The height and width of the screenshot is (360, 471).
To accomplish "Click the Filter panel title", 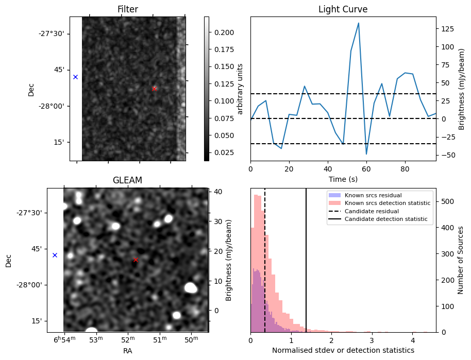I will [x=127, y=9].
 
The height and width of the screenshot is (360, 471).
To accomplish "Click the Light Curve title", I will [x=343, y=9].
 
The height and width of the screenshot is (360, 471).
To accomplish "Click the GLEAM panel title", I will [x=127, y=180].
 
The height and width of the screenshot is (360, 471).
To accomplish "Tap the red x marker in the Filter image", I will [x=154, y=89].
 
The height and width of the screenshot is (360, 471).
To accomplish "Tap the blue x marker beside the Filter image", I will [x=75, y=77].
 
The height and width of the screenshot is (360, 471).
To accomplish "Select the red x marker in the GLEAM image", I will [x=136, y=260].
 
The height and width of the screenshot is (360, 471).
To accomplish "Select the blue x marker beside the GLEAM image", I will [x=55, y=255].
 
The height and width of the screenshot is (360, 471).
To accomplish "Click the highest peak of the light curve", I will [x=358, y=23].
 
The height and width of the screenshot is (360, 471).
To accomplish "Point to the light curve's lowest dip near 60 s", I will [x=366, y=154].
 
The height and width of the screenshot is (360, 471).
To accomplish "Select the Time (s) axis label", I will [x=343, y=179].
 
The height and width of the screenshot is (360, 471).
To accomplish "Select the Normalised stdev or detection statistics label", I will [x=343, y=350].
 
